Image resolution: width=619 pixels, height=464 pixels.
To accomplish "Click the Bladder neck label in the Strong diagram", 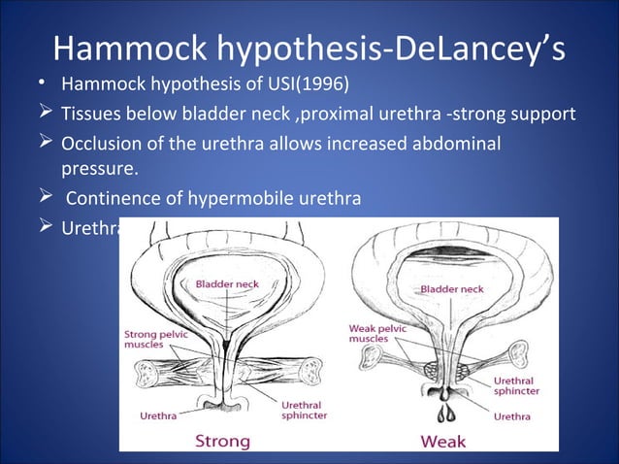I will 226,284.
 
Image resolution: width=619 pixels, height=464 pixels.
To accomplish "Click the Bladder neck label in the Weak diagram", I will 451,289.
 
